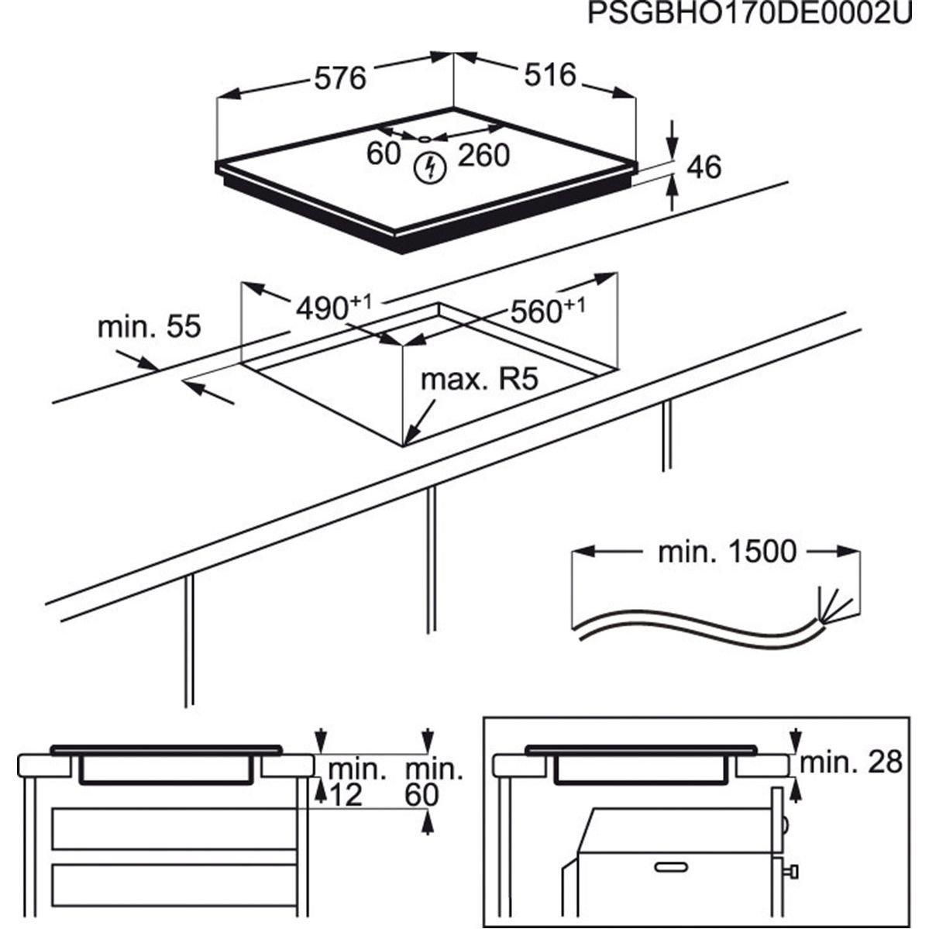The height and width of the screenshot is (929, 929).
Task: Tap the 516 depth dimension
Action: (550, 74)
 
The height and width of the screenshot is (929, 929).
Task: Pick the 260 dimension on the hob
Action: (483, 155)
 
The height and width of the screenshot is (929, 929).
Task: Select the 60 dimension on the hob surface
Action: (383, 153)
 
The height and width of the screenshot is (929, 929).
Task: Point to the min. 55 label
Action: (149, 326)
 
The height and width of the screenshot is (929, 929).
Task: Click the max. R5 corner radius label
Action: (478, 380)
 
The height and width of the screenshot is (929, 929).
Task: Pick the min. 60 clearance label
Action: (434, 783)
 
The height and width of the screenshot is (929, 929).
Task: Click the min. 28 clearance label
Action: (851, 762)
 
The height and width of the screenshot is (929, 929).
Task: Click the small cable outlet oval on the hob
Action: (425, 139)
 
